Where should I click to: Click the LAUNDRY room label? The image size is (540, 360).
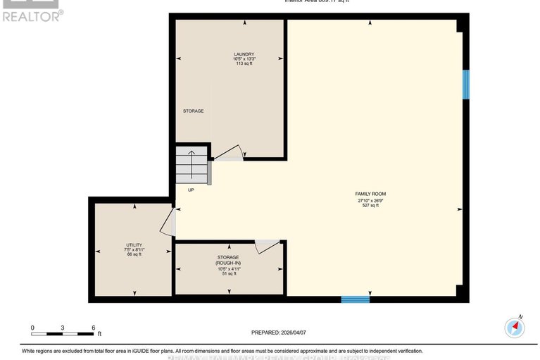coord(244,54)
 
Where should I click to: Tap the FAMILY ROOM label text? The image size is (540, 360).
coord(370,194)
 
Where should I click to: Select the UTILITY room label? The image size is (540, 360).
coord(134,244)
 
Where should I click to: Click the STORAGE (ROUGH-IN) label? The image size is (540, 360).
coord(228,260)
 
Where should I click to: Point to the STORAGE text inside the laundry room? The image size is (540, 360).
coord(193,111)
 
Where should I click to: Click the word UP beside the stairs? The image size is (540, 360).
coord(191,190)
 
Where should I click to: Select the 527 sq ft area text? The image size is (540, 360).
coord(370,206)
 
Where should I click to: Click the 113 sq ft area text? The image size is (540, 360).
coord(244,64)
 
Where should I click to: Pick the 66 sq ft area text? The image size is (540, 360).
coord(134,254)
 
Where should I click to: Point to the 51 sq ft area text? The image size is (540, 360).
coord(228,273)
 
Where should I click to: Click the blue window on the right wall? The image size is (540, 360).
coord(465,84)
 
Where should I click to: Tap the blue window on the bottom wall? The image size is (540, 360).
coord(355,299)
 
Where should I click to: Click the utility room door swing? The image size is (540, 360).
coord(168,222)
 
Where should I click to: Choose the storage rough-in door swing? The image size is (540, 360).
coord(268,246)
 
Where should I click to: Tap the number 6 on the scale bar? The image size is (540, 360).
coord(93,328)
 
